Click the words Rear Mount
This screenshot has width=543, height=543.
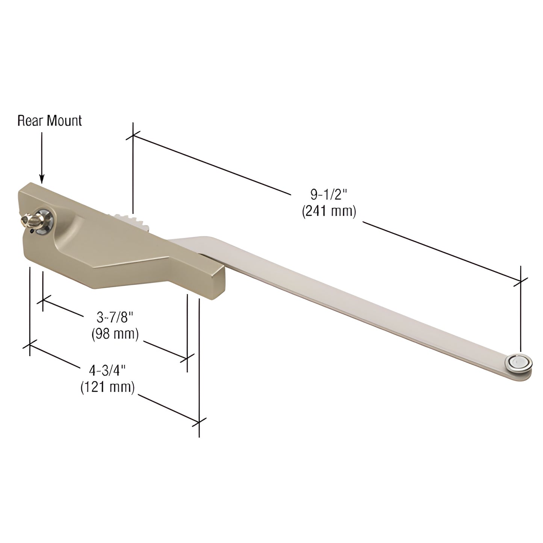(x=50, y=121)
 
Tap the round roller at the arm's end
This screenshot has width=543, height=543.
(x=520, y=362)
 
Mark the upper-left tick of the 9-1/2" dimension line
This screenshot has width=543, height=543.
(x=133, y=136)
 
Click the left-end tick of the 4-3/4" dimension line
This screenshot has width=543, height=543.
(x=30, y=346)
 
